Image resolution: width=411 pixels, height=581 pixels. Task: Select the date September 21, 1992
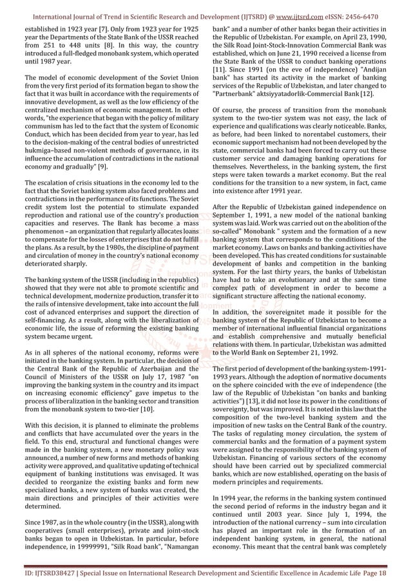(283, 353)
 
